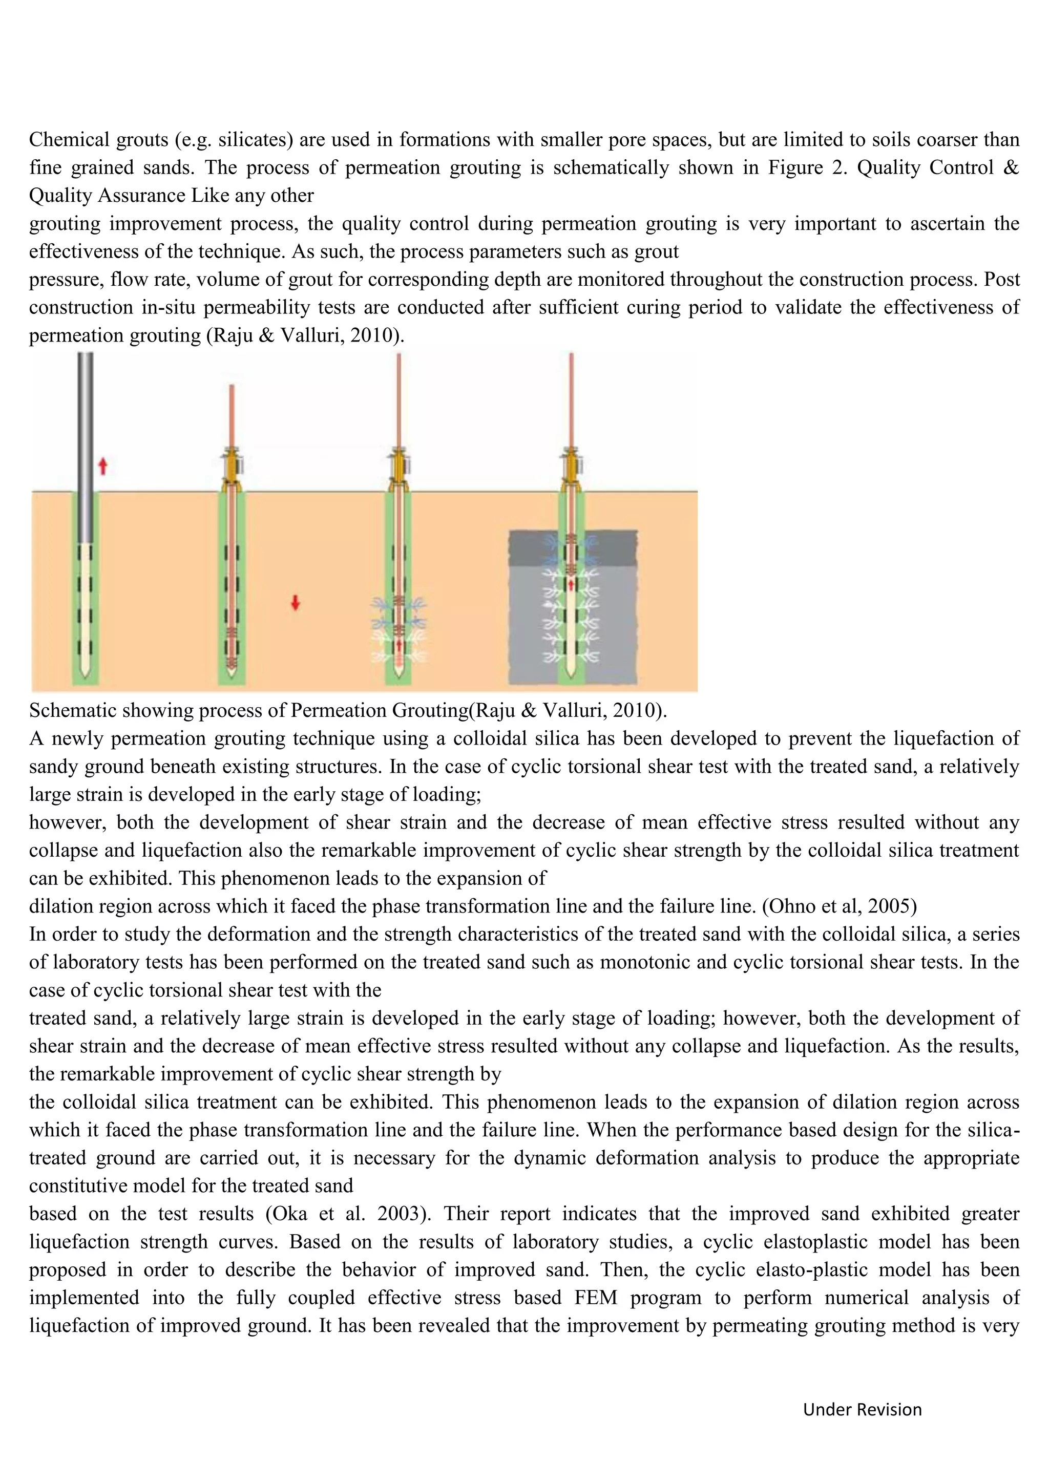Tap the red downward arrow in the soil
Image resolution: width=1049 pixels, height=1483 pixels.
[x=295, y=602]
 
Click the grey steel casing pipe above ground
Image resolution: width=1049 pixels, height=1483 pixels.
[x=85, y=420]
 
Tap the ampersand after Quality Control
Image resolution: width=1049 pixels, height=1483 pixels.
[x=1012, y=167]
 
